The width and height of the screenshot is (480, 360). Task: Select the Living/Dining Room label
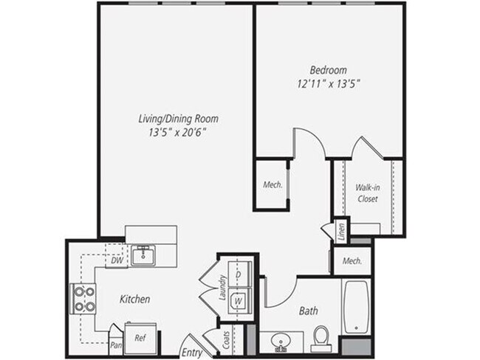[x=178, y=118]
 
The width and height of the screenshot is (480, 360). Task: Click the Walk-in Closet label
[x=368, y=193]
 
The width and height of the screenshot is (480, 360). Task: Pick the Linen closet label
[x=340, y=229]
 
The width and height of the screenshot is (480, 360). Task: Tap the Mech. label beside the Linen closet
[x=352, y=260]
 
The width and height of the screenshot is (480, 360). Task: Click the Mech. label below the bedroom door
[x=271, y=184]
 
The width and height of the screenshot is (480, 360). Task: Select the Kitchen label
[x=134, y=300]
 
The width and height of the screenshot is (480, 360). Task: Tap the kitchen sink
[x=143, y=256]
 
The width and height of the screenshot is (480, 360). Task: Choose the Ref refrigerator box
[x=140, y=337]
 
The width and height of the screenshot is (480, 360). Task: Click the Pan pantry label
[x=115, y=344]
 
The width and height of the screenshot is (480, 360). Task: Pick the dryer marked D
[x=239, y=274]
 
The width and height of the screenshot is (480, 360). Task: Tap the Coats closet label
[x=226, y=340]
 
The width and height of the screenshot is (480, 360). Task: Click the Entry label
[x=191, y=353]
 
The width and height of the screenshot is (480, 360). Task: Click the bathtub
[x=356, y=306]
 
